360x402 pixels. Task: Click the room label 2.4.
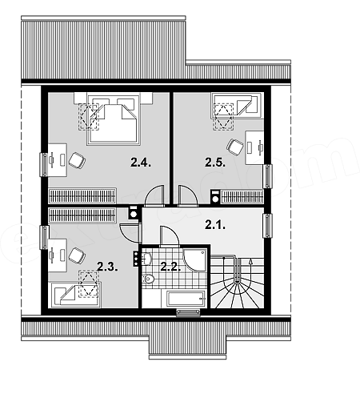[x=141, y=163]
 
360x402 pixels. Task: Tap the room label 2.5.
[x=215, y=163]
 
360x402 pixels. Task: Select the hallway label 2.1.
[x=215, y=225]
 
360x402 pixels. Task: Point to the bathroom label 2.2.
[x=170, y=267]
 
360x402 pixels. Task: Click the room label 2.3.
[x=107, y=267]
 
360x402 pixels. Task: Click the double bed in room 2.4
[x=114, y=119]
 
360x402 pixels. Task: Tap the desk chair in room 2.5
[x=235, y=147]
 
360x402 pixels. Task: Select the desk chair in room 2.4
[x=77, y=160]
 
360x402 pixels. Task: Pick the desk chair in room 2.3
[x=77, y=255]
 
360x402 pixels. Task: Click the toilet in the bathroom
[x=148, y=279]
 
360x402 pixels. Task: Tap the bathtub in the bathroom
[x=186, y=299]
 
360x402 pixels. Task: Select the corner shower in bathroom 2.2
[x=195, y=260]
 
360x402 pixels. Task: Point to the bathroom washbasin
[x=146, y=259]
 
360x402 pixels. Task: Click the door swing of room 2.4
[x=154, y=195]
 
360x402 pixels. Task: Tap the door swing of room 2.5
[x=188, y=195]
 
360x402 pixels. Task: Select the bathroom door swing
[x=169, y=236]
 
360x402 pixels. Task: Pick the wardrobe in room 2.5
[x=242, y=197]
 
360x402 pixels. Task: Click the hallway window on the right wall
[x=267, y=226]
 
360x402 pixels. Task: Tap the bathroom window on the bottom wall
[x=188, y=313]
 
